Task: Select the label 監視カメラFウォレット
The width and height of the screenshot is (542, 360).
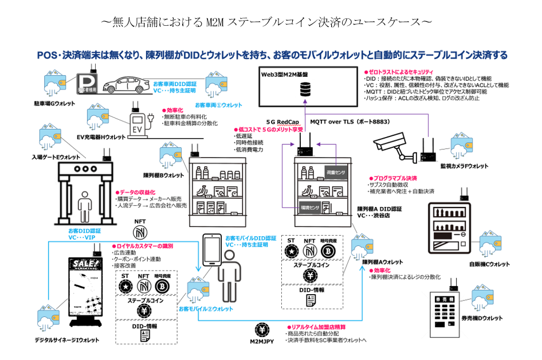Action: (464, 166)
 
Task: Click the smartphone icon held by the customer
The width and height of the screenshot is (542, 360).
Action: (212, 252)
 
